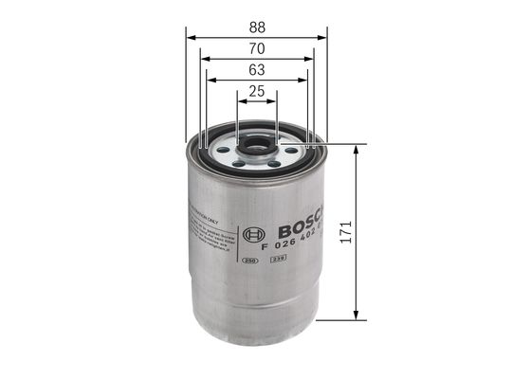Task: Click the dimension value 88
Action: pos(256,28)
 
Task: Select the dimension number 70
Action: pos(256,49)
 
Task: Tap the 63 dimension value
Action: pos(256,70)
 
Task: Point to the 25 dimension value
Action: pos(256,92)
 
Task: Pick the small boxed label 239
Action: pos(278,259)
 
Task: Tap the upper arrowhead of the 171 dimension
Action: pos(356,151)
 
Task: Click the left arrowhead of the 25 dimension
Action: pos(241,101)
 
